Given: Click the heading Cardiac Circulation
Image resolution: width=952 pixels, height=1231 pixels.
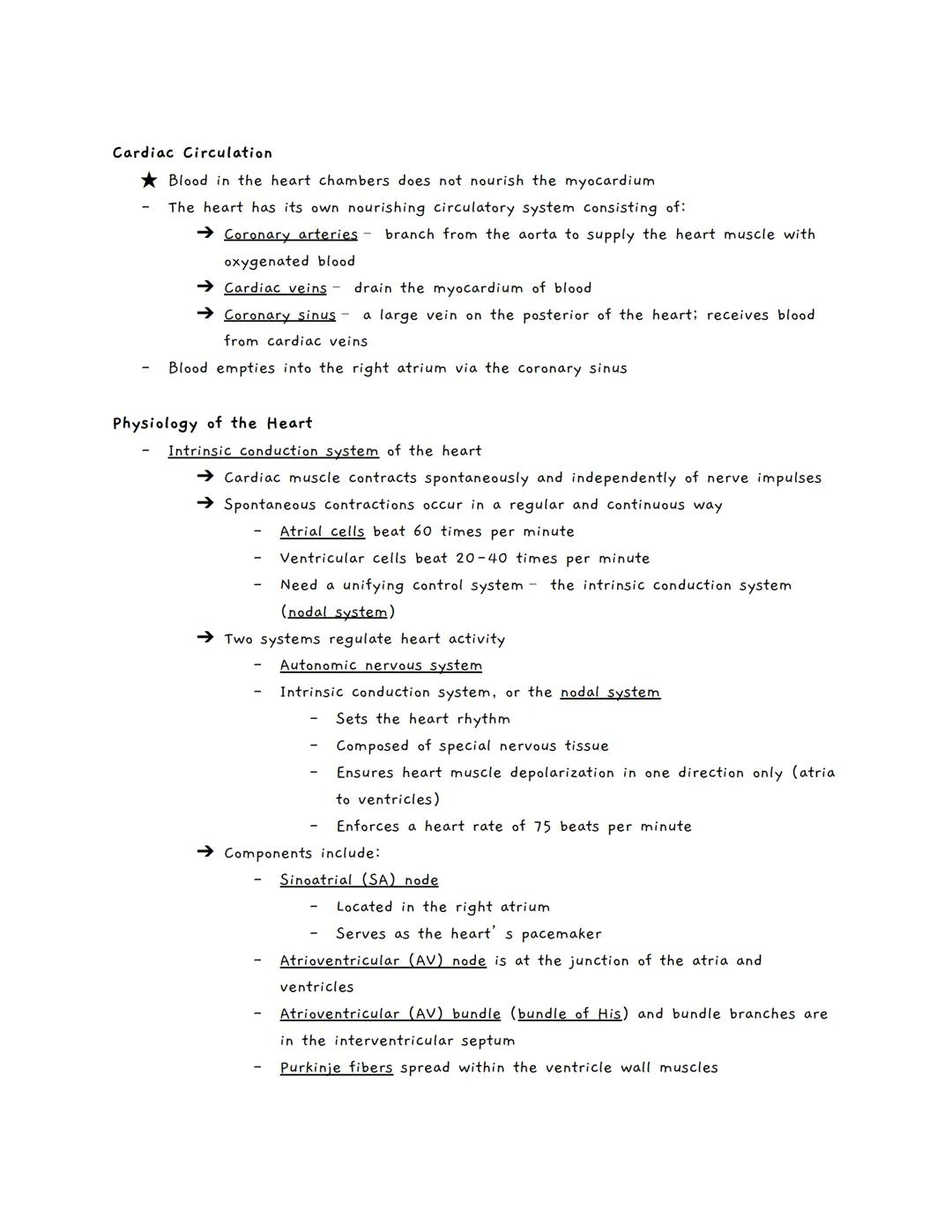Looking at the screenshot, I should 192,153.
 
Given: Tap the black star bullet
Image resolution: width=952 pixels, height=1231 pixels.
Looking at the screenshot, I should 149,181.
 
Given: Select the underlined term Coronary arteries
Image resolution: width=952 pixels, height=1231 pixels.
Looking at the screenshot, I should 290,234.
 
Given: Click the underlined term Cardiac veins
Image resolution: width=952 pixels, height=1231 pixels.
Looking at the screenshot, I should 275,288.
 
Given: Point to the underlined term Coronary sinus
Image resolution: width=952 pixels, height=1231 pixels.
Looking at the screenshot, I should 279,315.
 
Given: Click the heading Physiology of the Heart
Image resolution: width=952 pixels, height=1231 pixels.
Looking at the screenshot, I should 212,424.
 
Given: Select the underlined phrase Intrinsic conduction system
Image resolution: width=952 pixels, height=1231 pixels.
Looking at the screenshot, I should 273,451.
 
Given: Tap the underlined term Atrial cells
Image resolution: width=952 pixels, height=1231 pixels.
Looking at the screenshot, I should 322,531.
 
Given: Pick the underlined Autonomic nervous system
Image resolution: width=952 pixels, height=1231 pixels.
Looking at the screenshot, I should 381,665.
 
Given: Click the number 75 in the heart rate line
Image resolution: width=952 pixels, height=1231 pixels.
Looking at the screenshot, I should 542,827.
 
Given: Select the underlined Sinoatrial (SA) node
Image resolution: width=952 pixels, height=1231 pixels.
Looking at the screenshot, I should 359,880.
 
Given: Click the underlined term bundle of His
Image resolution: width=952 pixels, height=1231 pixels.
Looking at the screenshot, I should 569,1014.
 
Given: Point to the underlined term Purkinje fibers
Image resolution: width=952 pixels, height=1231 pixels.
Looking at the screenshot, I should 336,1068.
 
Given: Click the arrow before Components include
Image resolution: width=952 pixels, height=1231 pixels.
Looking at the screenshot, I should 205,853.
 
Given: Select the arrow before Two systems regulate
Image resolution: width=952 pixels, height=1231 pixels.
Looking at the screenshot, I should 205,639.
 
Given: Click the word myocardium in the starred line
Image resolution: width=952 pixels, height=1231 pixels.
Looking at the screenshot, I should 609,181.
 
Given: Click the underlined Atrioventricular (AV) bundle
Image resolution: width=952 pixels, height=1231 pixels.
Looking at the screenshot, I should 390,1014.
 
